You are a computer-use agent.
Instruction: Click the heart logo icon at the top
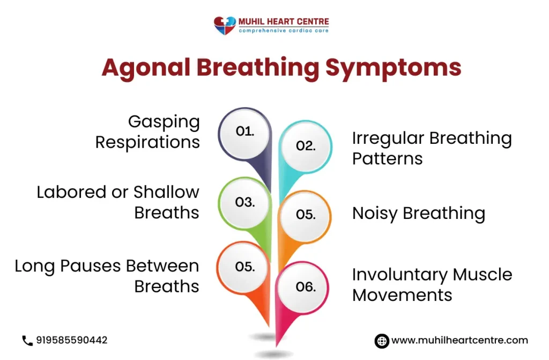[225, 25]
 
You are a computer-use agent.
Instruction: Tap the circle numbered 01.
[245, 131]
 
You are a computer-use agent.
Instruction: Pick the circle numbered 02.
[306, 145]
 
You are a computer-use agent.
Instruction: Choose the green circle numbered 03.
[245, 202]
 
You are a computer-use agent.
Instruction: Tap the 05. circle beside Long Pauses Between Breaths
[245, 267]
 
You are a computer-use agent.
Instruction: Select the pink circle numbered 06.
[306, 286]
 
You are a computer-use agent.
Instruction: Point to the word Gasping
[164, 122]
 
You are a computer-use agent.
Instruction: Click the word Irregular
[387, 138]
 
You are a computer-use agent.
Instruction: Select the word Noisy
[375, 214]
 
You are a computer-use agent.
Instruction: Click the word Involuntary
[399, 275]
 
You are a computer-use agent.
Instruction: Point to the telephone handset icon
[27, 340]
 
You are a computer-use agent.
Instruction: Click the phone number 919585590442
[72, 340]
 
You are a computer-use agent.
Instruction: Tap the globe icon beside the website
[381, 341]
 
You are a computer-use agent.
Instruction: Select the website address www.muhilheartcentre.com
[459, 341]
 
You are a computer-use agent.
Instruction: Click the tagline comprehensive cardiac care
[284, 31]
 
